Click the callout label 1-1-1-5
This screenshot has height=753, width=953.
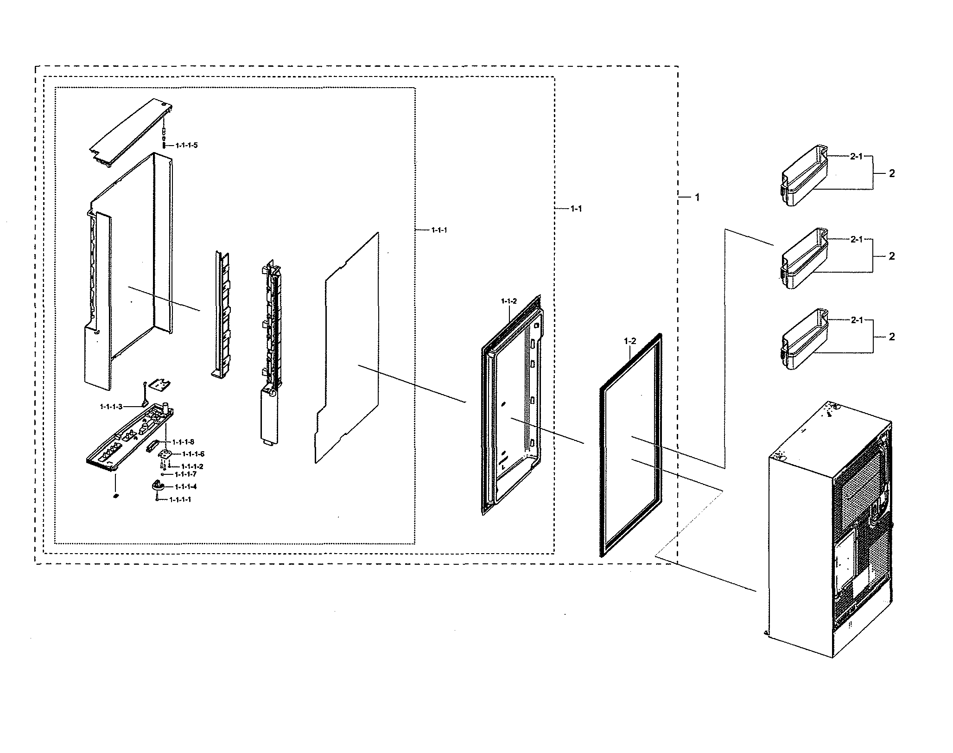[x=186, y=146]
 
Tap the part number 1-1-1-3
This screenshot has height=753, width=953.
[x=111, y=407]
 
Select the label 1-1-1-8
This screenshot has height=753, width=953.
[x=183, y=442]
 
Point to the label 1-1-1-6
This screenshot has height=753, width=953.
[x=193, y=454]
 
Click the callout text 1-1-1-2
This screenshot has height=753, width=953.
[x=192, y=466]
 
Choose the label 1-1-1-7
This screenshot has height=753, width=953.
[x=185, y=474]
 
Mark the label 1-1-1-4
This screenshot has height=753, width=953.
[x=185, y=486]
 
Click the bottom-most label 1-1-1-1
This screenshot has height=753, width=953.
[x=180, y=499]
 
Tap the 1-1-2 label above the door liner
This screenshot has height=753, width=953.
[x=508, y=301]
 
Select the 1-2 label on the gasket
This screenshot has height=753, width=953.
[x=630, y=341]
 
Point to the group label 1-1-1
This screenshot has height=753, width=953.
[x=439, y=230]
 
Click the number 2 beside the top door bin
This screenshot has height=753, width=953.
[x=892, y=173]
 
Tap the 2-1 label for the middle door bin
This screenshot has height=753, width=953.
[x=856, y=240]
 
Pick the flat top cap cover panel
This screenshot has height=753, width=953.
[x=131, y=132]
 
